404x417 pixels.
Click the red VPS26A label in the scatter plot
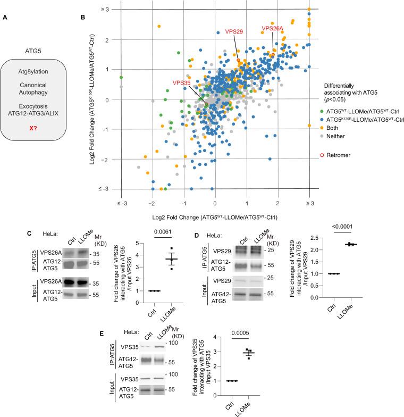(x=273, y=28)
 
